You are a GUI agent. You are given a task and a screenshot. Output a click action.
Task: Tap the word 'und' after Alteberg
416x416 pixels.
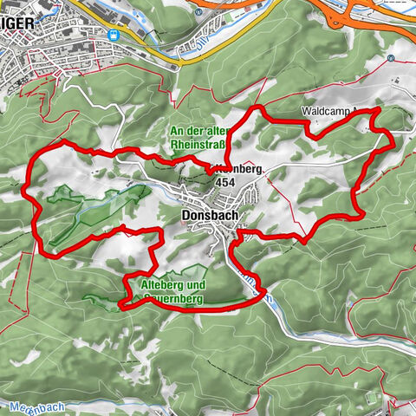[195, 285]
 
